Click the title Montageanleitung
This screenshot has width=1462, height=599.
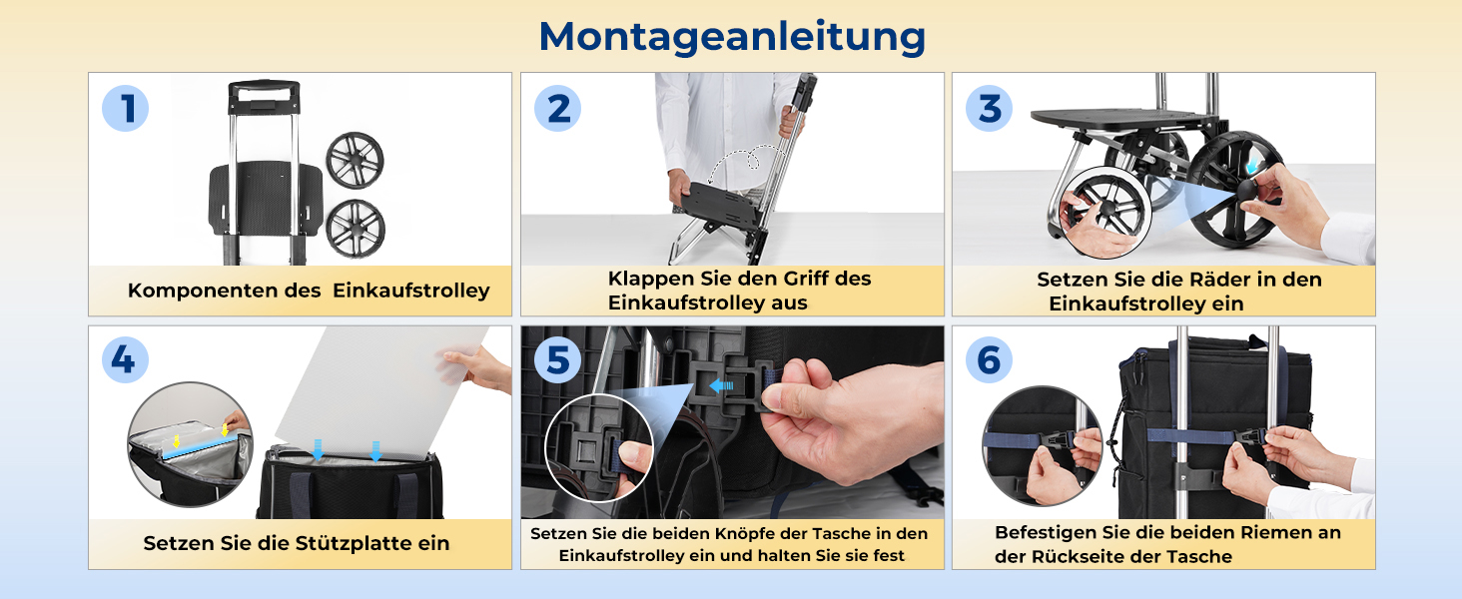tap(732, 38)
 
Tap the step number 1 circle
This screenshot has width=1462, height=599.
tap(125, 108)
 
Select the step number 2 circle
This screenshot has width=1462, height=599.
tap(557, 108)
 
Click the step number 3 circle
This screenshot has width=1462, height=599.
tap(990, 108)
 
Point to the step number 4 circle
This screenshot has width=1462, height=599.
tap(125, 360)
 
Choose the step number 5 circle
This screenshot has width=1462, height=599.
tap(557, 360)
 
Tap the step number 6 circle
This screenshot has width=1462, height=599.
tap(990, 360)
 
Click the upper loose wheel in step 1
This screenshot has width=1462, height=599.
tap(356, 161)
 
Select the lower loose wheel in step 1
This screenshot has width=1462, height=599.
tap(356, 229)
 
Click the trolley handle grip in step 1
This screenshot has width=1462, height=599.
tap(264, 97)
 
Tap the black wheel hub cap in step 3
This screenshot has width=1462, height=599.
tap(1247, 192)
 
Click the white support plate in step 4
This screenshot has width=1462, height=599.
tap(381, 391)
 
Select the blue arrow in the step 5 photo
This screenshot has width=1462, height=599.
tap(722, 385)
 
